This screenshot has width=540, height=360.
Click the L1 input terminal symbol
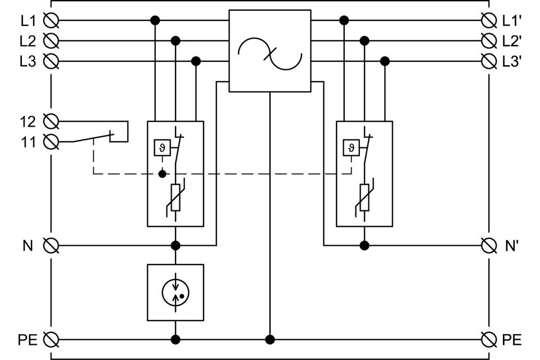[x=52, y=21]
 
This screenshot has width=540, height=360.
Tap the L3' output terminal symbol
[x=489, y=61]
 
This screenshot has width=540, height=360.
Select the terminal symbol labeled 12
[x=52, y=121]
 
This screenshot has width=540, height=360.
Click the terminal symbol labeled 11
[x=52, y=141]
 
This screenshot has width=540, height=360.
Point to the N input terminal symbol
[x=52, y=245]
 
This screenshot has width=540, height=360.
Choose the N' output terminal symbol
[x=489, y=245]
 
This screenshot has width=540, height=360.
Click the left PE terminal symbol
[x=52, y=339]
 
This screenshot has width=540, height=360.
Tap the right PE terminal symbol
[x=489, y=339]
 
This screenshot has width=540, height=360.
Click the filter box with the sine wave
[x=270, y=51]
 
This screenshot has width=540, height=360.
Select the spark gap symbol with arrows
[x=175, y=291]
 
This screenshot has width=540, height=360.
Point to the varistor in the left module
[x=175, y=197]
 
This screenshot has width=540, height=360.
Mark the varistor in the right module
[x=364, y=197]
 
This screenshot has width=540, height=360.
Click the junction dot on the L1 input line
[x=155, y=21]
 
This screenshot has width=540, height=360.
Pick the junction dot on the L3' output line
[x=385, y=61]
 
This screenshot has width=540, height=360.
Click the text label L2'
[x=512, y=41]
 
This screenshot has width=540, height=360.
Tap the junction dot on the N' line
[x=364, y=245]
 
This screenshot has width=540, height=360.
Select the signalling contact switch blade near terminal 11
[x=93, y=137]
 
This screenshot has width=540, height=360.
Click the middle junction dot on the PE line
[x=270, y=339]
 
